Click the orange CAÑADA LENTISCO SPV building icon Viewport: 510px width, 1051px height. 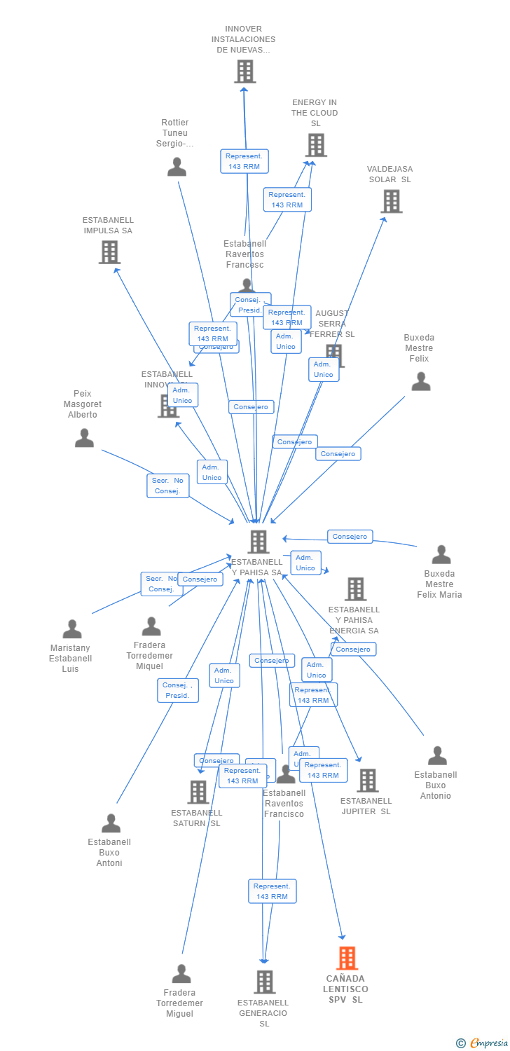pyautogui.click(x=347, y=958)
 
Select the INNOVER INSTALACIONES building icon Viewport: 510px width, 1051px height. pyautogui.click(x=244, y=71)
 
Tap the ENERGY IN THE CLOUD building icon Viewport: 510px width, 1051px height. pyautogui.click(x=316, y=145)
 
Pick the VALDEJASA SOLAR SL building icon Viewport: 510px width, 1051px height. pyautogui.click(x=391, y=201)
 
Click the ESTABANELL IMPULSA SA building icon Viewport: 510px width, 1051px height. pyautogui.click(x=109, y=252)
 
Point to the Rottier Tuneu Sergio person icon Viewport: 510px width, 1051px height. pyautogui.click(x=177, y=167)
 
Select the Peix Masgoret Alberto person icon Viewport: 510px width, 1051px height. pyautogui.click(x=84, y=438)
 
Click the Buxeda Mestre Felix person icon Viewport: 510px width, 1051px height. pyautogui.click(x=420, y=381)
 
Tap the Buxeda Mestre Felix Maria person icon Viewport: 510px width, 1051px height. pyautogui.click(x=441, y=554)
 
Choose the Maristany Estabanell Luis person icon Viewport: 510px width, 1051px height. pyautogui.click(x=72, y=629)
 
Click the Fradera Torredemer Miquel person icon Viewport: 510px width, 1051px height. pyautogui.click(x=151, y=626)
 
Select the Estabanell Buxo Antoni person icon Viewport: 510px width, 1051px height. pyautogui.click(x=111, y=823)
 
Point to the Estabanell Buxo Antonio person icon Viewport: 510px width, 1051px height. pyautogui.click(x=437, y=756)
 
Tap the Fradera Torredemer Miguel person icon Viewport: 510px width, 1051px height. pyautogui.click(x=181, y=974)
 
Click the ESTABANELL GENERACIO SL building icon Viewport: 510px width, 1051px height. pyautogui.click(x=264, y=982)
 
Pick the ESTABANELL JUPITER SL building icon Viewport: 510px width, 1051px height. pyautogui.click(x=367, y=780)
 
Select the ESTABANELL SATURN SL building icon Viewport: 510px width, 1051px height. pyautogui.click(x=198, y=792)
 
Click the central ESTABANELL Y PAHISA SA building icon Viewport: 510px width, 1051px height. pyautogui.click(x=259, y=542)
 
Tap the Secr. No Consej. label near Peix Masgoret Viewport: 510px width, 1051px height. pyautogui.click(x=168, y=486)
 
